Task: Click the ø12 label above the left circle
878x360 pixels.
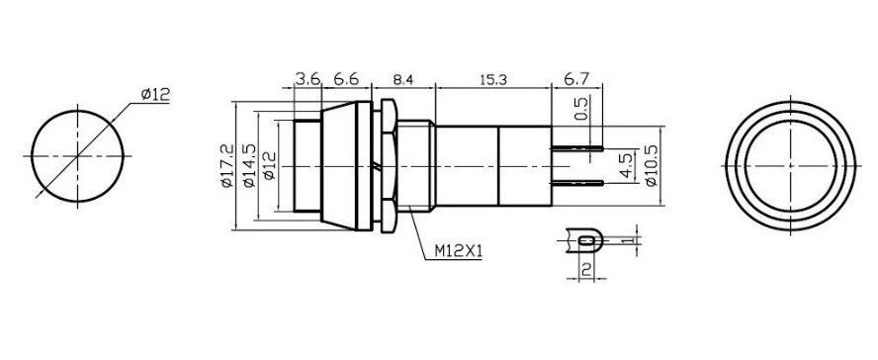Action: point(157,94)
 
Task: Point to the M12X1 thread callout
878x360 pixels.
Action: point(459,250)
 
